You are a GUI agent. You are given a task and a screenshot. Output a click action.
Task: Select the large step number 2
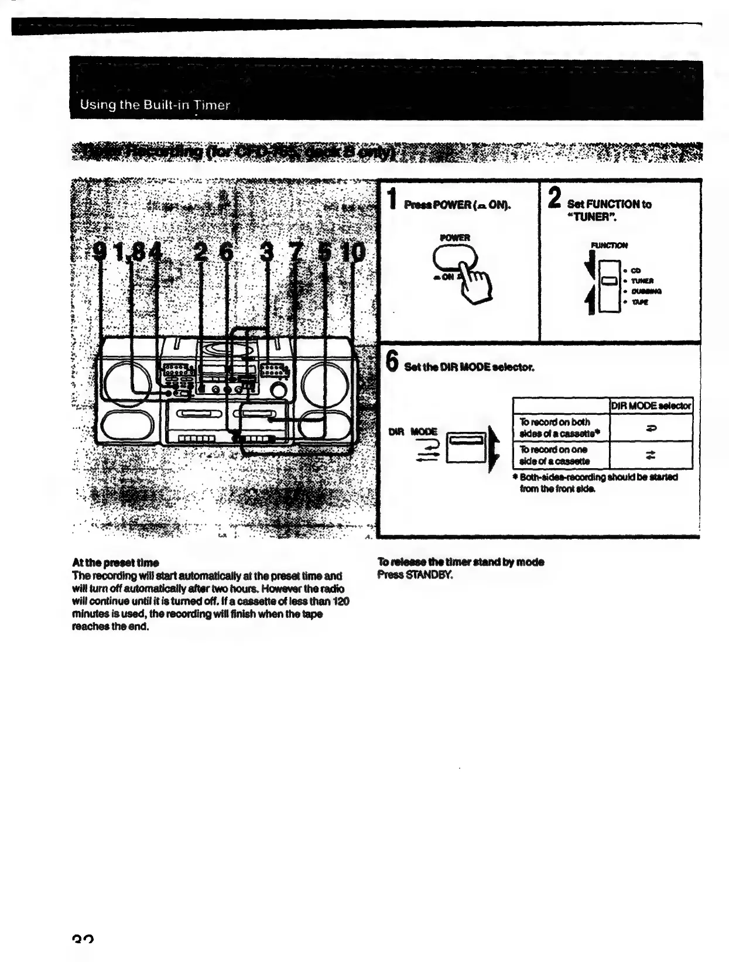pyautogui.click(x=554, y=198)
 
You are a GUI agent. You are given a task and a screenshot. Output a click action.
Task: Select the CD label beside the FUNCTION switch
pyautogui.click(x=636, y=270)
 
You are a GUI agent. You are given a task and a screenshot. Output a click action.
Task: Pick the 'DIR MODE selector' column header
pyautogui.click(x=651, y=406)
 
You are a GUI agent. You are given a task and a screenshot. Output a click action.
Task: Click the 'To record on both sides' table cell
pyautogui.click(x=560, y=428)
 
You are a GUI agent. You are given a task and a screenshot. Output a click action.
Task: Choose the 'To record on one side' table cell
pyautogui.click(x=560, y=455)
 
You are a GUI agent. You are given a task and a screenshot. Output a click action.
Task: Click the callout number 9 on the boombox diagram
pyautogui.click(x=101, y=253)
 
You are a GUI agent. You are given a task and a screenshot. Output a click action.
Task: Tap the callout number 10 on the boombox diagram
pyautogui.click(x=354, y=253)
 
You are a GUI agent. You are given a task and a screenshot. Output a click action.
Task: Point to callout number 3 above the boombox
pyautogui.click(x=267, y=253)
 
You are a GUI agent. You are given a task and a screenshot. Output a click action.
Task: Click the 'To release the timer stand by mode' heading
pyautogui.click(x=461, y=562)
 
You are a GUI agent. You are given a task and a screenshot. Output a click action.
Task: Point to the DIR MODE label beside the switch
pyautogui.click(x=413, y=432)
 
